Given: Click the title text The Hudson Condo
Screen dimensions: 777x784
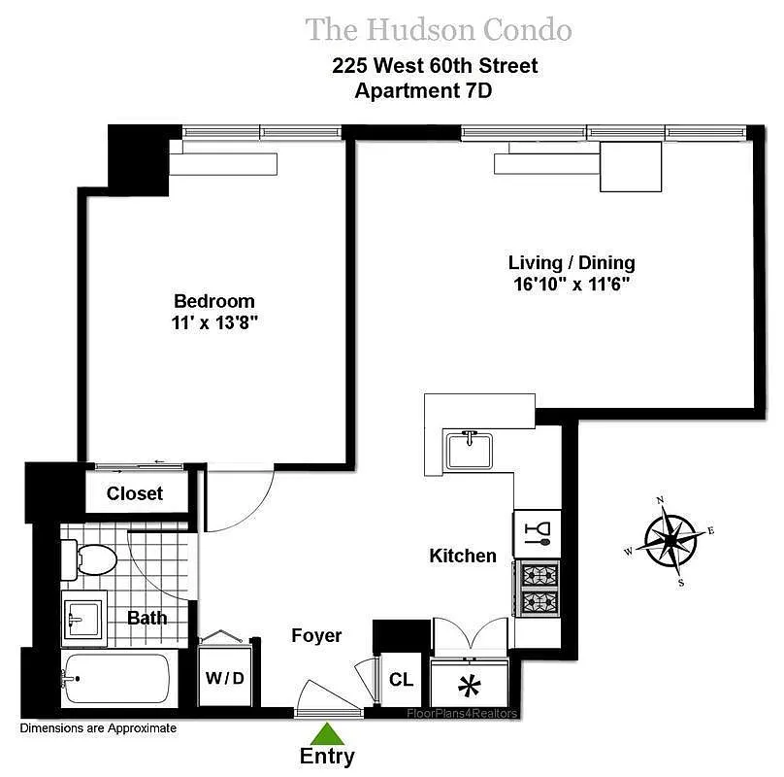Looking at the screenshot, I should point(439,29).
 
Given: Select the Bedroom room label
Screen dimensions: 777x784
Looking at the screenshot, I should point(214,301).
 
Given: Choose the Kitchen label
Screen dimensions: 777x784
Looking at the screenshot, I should point(463,557).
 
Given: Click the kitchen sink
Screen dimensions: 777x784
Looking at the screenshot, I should point(470,451).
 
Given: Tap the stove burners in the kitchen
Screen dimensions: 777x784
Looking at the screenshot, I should point(537,589).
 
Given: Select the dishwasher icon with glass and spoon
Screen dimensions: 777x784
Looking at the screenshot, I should point(537,532).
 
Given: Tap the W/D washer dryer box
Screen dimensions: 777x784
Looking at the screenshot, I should point(223,677).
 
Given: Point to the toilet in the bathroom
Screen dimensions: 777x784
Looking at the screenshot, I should point(90,558).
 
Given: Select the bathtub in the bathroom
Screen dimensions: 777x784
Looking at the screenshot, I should point(116,678).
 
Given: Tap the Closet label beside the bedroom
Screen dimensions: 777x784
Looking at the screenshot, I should point(135,493).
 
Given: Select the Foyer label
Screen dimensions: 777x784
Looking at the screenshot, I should point(316,636).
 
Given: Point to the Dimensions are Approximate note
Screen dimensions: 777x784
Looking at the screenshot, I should point(98,727).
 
